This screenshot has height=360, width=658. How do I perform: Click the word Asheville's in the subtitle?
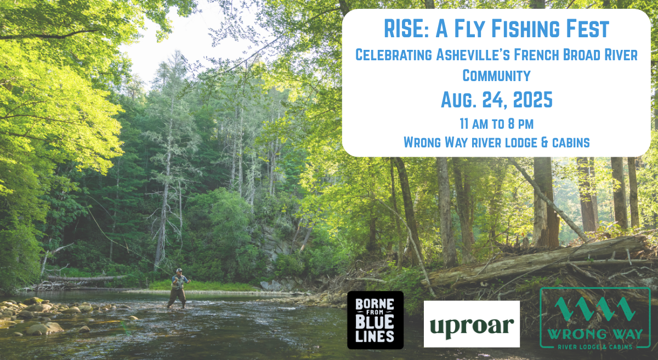coord(472,55)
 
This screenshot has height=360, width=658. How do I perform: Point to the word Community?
coord(496,76)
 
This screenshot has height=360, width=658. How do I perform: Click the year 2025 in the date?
coord(532,100)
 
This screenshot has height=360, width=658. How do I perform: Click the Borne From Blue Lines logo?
coord(375,320)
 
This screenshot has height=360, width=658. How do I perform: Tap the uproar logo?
coord(472,324)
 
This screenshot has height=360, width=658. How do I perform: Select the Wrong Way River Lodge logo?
coord(595,318)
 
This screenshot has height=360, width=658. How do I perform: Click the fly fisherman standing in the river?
coord(179,288)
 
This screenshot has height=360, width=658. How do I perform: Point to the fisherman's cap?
coord(179,270)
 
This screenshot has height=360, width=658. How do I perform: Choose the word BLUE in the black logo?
coord(375,322)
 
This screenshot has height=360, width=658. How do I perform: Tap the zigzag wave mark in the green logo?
coord(595,309)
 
